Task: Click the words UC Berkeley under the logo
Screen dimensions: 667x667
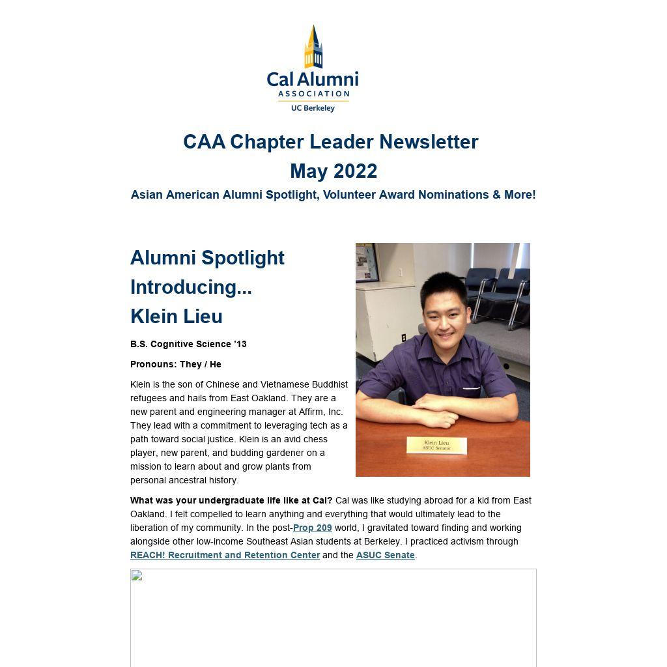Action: coord(313,107)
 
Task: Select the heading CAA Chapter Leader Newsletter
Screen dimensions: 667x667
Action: coord(330,142)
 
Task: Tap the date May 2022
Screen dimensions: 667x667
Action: coord(333,171)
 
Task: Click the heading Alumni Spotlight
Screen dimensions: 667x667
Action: coord(207,258)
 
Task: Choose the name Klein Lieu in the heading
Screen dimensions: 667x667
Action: coord(177,317)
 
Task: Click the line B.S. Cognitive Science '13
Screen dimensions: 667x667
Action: coord(188,344)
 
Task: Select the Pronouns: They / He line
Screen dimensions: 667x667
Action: coord(176,364)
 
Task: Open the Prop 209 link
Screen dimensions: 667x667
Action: coord(313,528)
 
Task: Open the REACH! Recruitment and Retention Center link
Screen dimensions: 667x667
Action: coord(225,555)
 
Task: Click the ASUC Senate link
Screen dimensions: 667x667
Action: coord(385,555)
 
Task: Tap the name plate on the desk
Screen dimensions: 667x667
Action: coord(436,446)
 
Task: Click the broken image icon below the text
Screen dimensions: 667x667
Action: coord(137,575)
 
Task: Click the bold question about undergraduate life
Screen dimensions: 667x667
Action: coord(231,500)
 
